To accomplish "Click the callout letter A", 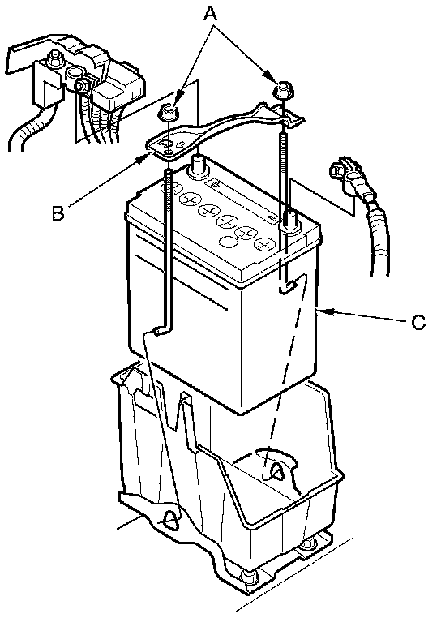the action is tap(211, 14).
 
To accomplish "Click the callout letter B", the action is tap(58, 212).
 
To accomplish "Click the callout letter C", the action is tap(418, 322).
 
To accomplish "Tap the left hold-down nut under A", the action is tap(167, 113).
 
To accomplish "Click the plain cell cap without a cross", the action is tap(229, 241).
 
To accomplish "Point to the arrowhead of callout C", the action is tap(323, 311).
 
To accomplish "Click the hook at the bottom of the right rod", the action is tap(290, 286).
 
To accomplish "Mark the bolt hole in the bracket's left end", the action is tap(168, 152).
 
